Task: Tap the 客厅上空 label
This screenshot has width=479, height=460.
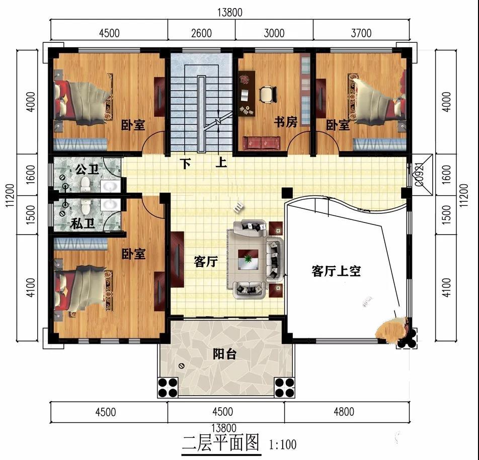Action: tap(336, 271)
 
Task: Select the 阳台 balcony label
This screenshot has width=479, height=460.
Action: tap(224, 354)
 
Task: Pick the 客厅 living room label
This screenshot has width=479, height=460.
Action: tap(206, 262)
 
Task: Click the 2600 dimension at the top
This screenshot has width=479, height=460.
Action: tap(201, 33)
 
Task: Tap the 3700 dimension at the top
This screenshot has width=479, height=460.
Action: tap(361, 33)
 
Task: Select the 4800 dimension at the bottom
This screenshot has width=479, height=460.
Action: tap(344, 412)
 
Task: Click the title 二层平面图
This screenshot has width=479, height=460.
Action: tap(220, 443)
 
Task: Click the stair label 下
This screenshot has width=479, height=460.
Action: tap(186, 164)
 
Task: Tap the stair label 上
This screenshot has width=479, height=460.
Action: tap(220, 164)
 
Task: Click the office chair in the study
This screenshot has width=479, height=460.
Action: tap(268, 94)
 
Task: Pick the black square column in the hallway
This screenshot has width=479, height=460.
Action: tap(287, 192)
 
